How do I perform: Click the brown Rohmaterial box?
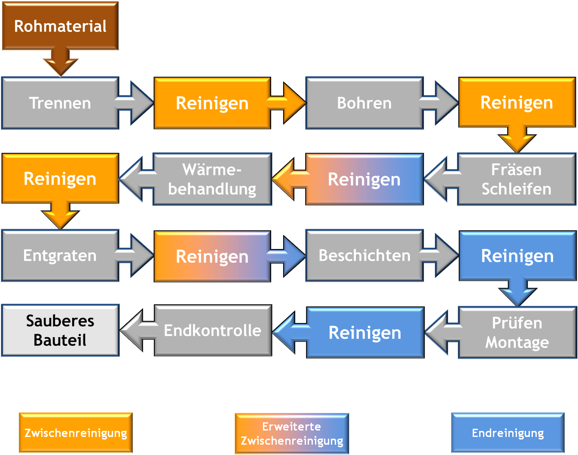click(x=60, y=26)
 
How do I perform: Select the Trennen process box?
click(x=60, y=103)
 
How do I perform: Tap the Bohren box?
click(x=364, y=103)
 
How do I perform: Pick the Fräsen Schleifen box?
click(x=516, y=179)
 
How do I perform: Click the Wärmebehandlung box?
click(x=212, y=179)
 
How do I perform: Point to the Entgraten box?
click(x=60, y=255)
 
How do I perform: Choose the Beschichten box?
click(x=364, y=255)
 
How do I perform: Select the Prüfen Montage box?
click(x=517, y=332)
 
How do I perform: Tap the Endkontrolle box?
click(x=213, y=330)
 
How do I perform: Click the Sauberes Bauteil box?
click(x=60, y=330)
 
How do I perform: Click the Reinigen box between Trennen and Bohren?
click(x=212, y=103)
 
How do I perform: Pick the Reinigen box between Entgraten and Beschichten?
click(x=212, y=256)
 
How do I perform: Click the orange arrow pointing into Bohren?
click(x=288, y=103)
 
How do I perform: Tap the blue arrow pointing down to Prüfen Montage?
click(x=517, y=292)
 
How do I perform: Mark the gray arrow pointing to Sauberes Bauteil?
click(x=137, y=330)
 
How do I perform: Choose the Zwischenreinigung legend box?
click(x=76, y=433)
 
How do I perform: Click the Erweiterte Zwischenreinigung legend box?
click(x=292, y=433)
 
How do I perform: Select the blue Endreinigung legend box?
click(x=508, y=433)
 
